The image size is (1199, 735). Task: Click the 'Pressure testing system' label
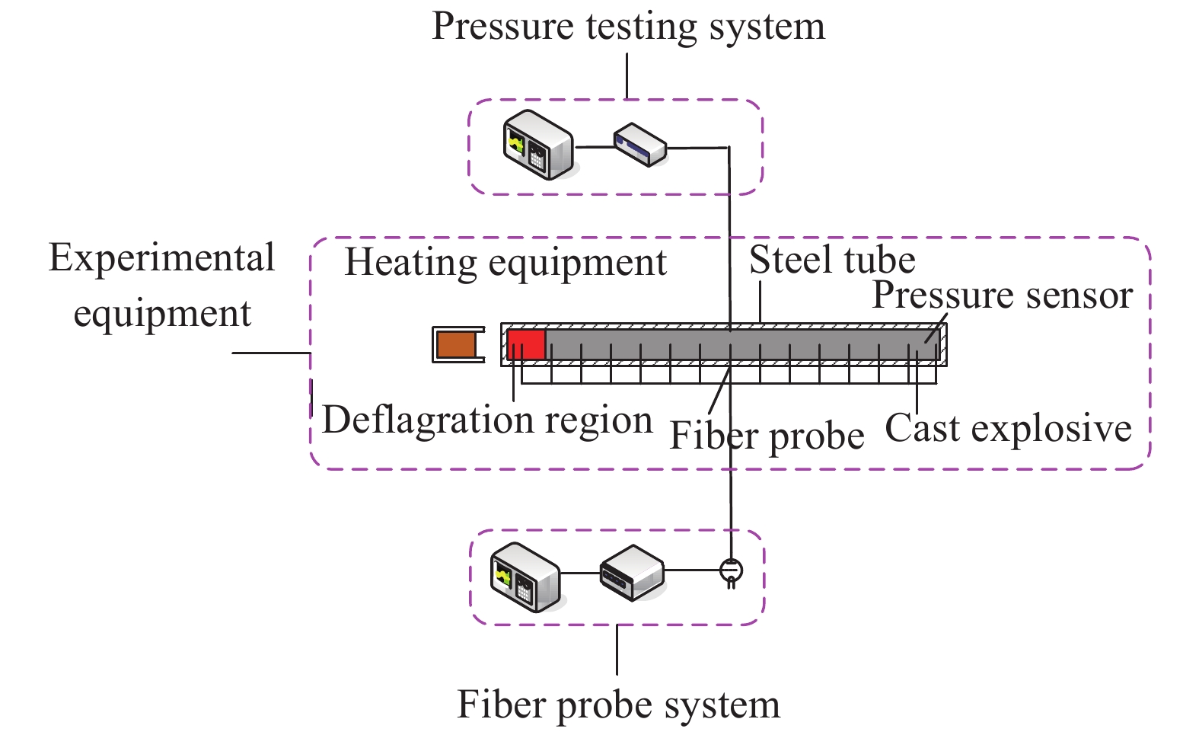point(628,27)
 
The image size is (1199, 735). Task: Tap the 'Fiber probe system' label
point(618,705)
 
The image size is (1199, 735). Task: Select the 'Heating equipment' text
point(505,264)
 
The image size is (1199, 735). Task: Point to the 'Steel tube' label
point(832,260)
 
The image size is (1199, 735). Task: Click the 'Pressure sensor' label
point(1002,296)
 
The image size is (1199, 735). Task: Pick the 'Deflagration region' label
point(487,420)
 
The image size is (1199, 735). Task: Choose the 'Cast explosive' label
point(1008,429)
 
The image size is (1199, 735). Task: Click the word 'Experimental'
point(161,259)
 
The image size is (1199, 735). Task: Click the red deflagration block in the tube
point(526,344)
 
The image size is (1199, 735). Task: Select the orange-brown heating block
point(455,344)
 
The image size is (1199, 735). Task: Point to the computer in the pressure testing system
point(537,145)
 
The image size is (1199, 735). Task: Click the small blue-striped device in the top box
point(639,145)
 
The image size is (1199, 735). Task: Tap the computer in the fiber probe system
point(525,577)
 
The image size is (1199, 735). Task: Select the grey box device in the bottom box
point(631,571)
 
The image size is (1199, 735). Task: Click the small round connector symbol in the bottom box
point(731,570)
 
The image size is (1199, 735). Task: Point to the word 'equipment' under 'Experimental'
point(162,314)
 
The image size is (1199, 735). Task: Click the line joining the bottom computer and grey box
point(580,573)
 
